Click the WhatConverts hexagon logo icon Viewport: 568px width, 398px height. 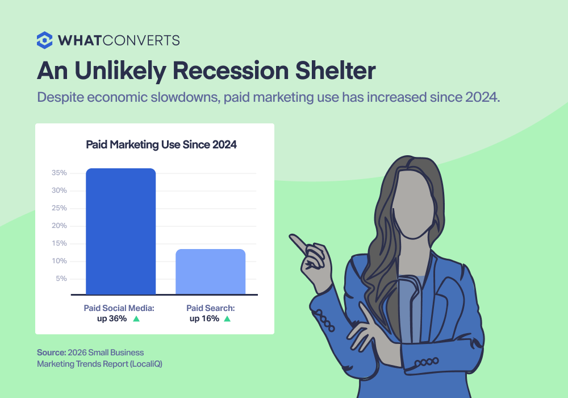(x=45, y=40)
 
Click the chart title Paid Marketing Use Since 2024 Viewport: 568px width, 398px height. (x=161, y=145)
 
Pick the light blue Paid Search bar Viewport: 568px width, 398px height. (x=210, y=272)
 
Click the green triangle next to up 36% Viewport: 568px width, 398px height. (x=136, y=319)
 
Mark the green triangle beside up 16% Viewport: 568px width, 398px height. (x=227, y=319)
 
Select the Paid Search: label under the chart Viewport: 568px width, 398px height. (x=211, y=308)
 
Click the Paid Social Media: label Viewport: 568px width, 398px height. (x=119, y=308)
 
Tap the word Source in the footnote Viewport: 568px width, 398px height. (x=51, y=353)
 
